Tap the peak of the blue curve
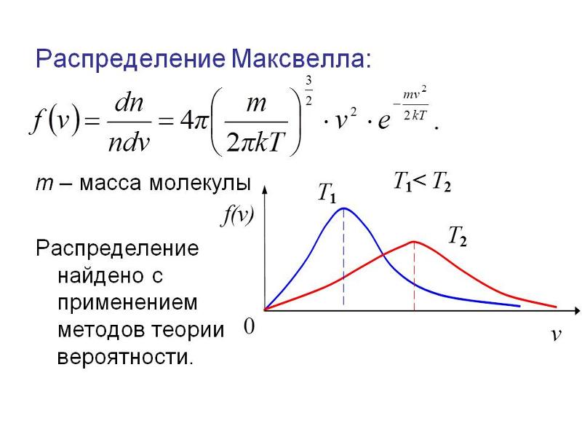click(344, 208)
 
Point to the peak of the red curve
click(414, 242)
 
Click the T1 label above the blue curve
click(327, 193)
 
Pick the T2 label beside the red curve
click(458, 236)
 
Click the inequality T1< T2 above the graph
click(423, 182)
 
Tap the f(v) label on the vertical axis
click(238, 216)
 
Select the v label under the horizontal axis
click(556, 335)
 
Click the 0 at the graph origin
click(249, 326)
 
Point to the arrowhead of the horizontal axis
click(578, 310)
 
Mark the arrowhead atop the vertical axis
click(265, 189)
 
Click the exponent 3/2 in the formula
click(308, 90)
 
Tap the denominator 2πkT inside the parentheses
click(256, 142)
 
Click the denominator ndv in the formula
click(129, 141)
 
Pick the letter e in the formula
click(384, 121)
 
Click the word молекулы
click(201, 184)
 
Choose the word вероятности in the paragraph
click(125, 358)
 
